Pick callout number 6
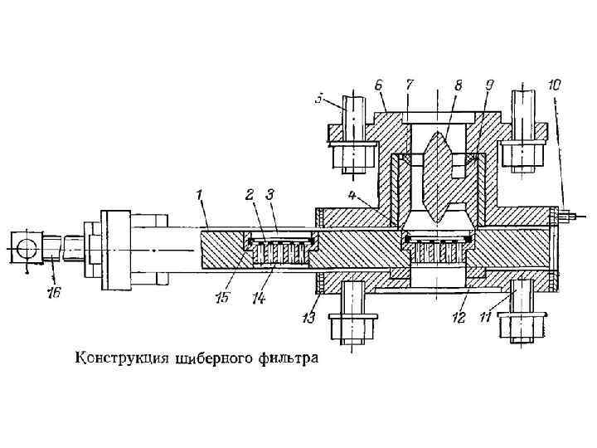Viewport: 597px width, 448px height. pos(379,85)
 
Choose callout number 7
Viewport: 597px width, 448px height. pos(410,85)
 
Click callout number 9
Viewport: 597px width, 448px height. pos(489,85)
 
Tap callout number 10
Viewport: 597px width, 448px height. pos(555,85)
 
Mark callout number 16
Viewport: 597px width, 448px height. pos(56,293)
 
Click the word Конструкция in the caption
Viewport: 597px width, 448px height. pos(121,360)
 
